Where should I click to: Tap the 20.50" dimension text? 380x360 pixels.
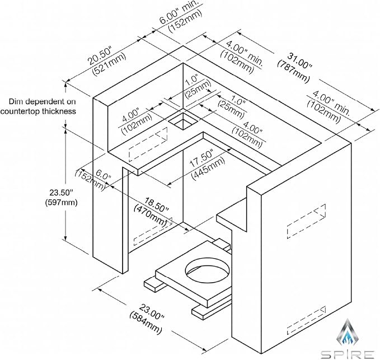click(x=100, y=56)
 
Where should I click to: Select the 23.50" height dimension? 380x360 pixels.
click(x=61, y=193)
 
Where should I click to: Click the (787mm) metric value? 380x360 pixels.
click(x=293, y=71)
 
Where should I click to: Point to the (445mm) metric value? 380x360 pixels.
click(x=208, y=169)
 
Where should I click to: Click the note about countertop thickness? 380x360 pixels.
click(x=38, y=106)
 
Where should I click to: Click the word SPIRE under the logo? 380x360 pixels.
click(x=348, y=354)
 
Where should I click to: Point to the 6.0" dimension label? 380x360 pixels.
click(x=104, y=175)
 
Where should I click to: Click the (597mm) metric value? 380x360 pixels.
click(x=61, y=202)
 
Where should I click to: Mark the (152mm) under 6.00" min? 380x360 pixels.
click(x=185, y=22)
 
